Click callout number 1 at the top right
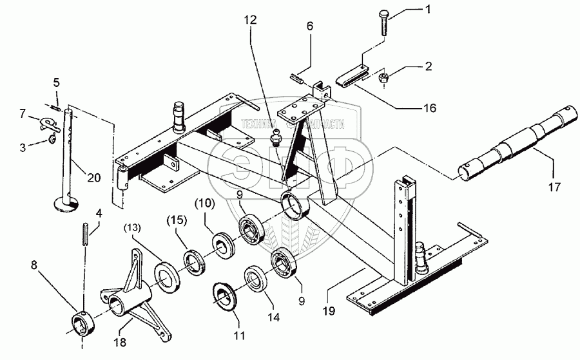pos(426,10)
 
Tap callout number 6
pos(309,26)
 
